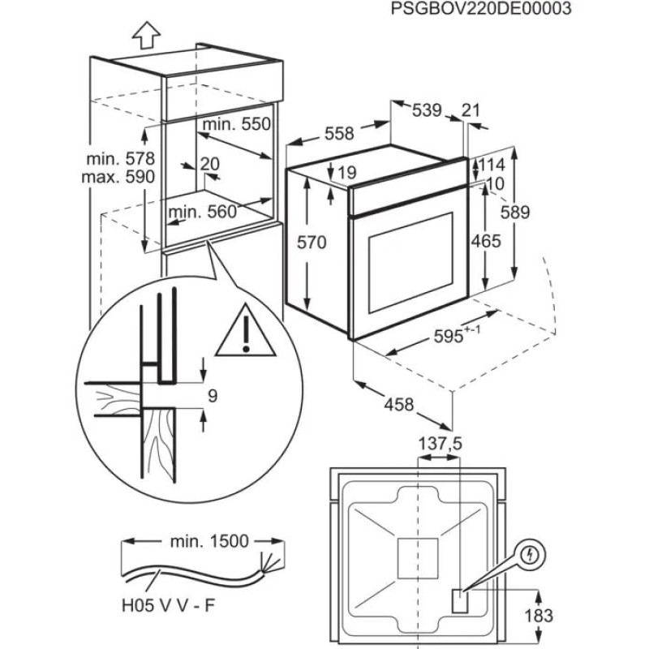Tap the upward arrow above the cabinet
click(x=144, y=36)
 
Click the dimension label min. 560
click(x=202, y=213)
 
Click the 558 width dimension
click(x=339, y=135)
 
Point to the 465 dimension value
click(x=485, y=241)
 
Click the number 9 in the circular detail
click(x=213, y=396)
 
